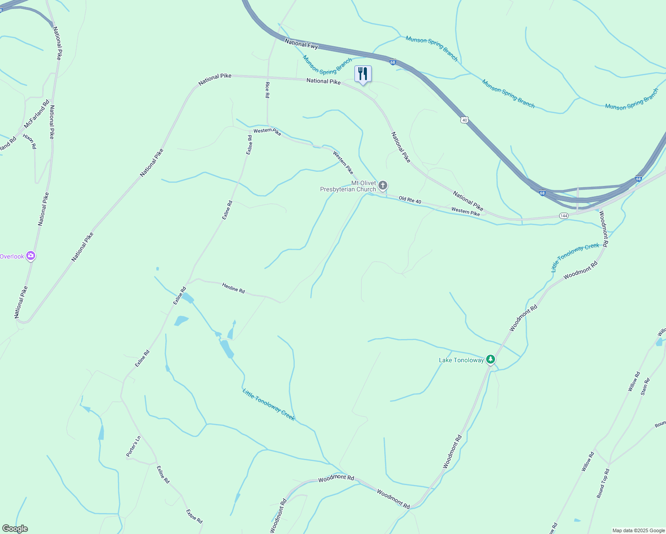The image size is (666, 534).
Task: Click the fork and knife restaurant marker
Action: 363,74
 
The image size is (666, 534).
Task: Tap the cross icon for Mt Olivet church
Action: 383,185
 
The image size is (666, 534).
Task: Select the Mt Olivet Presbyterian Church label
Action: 348,186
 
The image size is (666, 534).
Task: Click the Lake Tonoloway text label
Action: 461,360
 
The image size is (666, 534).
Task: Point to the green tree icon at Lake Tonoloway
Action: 491,359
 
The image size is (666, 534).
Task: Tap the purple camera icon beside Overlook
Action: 31,255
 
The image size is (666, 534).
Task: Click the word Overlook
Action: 12,256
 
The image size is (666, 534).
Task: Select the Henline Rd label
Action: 233,288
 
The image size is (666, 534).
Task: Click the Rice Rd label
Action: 267,90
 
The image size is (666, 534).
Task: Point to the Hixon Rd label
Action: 30,141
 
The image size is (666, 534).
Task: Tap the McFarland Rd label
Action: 37,114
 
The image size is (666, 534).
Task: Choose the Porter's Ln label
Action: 133,446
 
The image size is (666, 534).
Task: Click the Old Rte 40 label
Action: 410,200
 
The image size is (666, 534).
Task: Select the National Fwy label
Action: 301,44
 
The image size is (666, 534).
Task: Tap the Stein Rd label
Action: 646,387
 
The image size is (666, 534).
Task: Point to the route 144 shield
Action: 564,216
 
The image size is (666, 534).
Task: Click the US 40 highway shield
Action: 465,120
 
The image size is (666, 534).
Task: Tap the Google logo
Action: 15,529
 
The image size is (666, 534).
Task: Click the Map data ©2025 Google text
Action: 638,530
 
